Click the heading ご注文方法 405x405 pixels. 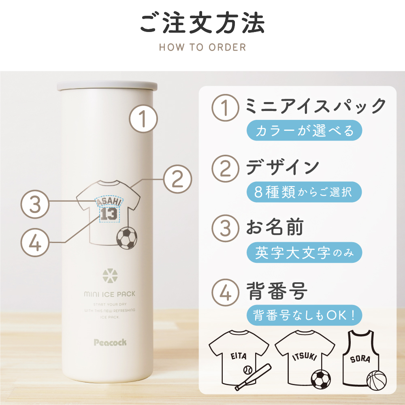(x=202, y=24)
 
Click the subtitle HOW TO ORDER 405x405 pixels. (x=202, y=47)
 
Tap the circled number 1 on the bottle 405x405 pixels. (x=143, y=119)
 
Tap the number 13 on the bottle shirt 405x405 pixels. (x=109, y=214)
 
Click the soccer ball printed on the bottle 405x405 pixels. (x=126, y=237)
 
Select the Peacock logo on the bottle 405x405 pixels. (x=110, y=343)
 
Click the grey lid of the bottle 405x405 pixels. (x=107, y=86)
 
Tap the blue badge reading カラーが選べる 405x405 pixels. (x=304, y=131)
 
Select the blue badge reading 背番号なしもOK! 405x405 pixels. (x=304, y=315)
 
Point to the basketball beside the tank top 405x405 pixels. (x=376, y=380)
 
